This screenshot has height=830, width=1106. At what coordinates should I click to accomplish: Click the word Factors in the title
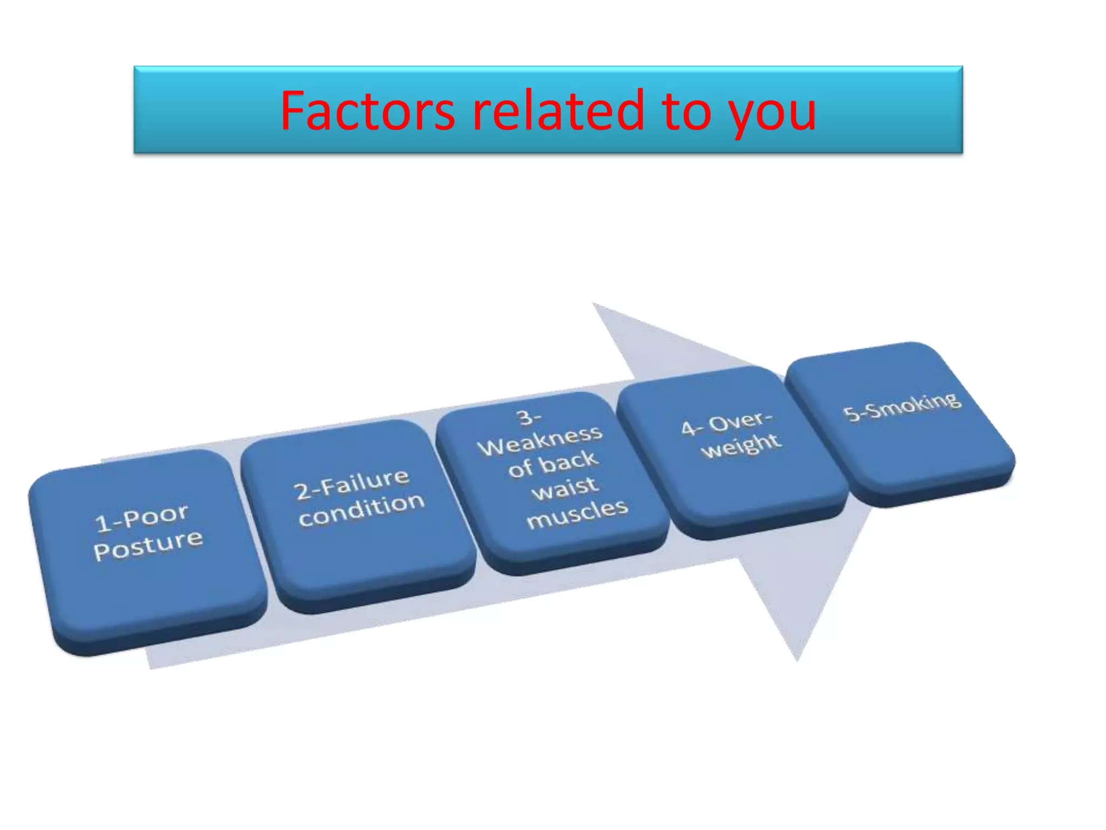click(367, 111)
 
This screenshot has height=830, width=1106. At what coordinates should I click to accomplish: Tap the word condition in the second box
click(362, 509)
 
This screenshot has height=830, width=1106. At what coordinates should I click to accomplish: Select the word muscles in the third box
click(577, 513)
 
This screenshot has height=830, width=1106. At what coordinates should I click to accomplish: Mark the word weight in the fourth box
click(741, 446)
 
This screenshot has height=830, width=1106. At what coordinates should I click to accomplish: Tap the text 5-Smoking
click(902, 406)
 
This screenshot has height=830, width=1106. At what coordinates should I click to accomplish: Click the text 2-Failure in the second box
click(352, 484)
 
